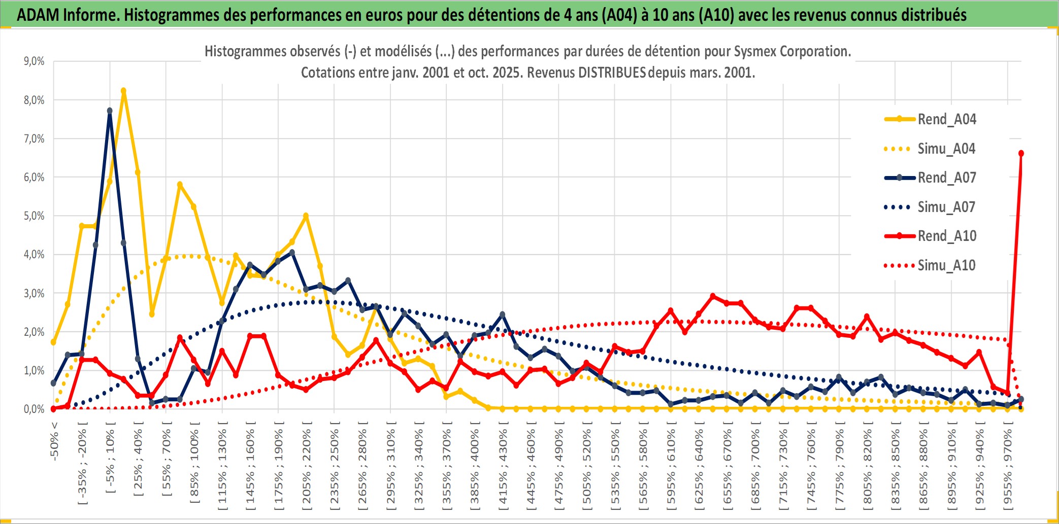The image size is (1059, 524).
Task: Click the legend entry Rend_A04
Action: pyautogui.click(x=946, y=119)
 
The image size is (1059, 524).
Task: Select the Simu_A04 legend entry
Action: pyautogui.click(x=946, y=149)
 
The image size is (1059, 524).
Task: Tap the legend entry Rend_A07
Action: pyautogui.click(x=946, y=178)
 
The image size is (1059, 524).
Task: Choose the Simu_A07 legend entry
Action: pyautogui.click(x=946, y=207)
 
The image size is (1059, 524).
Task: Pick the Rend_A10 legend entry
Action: pyautogui.click(x=946, y=236)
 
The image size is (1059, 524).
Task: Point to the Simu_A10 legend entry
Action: pyautogui.click(x=946, y=265)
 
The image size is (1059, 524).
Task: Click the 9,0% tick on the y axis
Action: pyautogui.click(x=34, y=61)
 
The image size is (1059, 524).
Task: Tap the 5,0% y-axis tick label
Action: pyautogui.click(x=34, y=216)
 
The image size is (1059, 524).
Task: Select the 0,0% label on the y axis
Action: pyautogui.click(x=34, y=409)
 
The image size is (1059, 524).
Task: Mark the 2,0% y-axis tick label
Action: pyautogui.click(x=34, y=332)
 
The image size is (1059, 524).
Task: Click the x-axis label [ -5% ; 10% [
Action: pyautogui.click(x=110, y=457)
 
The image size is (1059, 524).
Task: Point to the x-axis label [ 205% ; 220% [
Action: pyautogui.click(x=306, y=467)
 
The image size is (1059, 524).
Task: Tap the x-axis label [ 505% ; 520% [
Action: pyautogui.click(x=587, y=467)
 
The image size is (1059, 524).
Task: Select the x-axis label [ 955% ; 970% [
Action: pyautogui.click(x=1008, y=467)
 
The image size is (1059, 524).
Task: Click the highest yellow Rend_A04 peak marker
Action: pyautogui.click(x=123, y=91)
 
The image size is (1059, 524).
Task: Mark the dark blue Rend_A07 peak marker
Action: pyautogui.click(x=110, y=111)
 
